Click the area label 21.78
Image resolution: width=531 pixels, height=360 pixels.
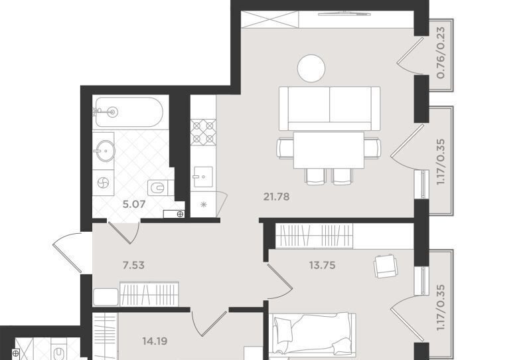point(276,197)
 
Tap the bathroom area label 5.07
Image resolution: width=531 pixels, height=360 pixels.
point(134,204)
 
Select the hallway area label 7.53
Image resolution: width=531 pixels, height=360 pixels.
point(133,265)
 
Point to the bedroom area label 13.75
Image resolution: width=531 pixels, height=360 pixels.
point(322,265)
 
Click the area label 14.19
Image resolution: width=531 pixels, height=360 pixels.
point(155,341)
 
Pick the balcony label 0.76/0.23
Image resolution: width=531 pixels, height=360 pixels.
point(441,53)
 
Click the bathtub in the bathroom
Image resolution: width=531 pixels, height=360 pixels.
point(129,112)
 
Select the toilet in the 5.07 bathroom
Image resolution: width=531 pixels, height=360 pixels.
point(159,187)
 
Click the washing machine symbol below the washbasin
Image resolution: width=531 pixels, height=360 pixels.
point(104,183)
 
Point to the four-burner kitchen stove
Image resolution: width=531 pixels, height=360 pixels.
point(203,132)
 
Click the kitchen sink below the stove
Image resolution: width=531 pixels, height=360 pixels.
point(203,177)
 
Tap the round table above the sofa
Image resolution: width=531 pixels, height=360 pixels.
point(311,68)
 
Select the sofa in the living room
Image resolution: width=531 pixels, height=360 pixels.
point(329,108)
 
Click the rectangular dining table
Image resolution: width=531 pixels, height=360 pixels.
point(329,150)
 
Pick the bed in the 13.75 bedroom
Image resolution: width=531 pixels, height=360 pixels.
point(313,335)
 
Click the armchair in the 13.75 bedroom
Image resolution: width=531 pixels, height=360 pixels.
point(386,266)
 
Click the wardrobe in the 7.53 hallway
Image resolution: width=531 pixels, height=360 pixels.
point(149,294)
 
